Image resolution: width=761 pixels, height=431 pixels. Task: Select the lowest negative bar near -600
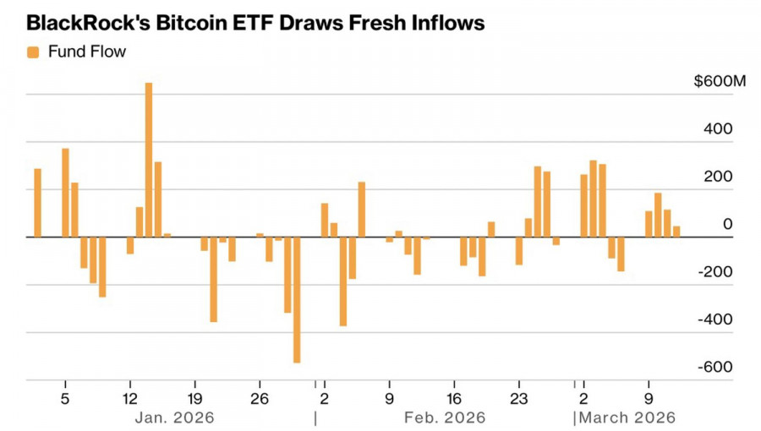click(297, 300)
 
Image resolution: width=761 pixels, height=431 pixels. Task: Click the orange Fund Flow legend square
click(33, 52)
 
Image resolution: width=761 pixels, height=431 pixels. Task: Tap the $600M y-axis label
click(720, 83)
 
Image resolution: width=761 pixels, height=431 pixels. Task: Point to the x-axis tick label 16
click(454, 398)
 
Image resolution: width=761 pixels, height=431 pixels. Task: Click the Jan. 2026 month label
click(174, 417)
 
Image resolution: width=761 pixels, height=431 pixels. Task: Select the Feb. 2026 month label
click(446, 417)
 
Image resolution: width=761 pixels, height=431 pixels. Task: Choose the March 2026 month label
click(628, 417)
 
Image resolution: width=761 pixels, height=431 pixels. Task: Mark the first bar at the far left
click(37, 203)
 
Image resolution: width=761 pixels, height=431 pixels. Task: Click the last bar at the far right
click(676, 232)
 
